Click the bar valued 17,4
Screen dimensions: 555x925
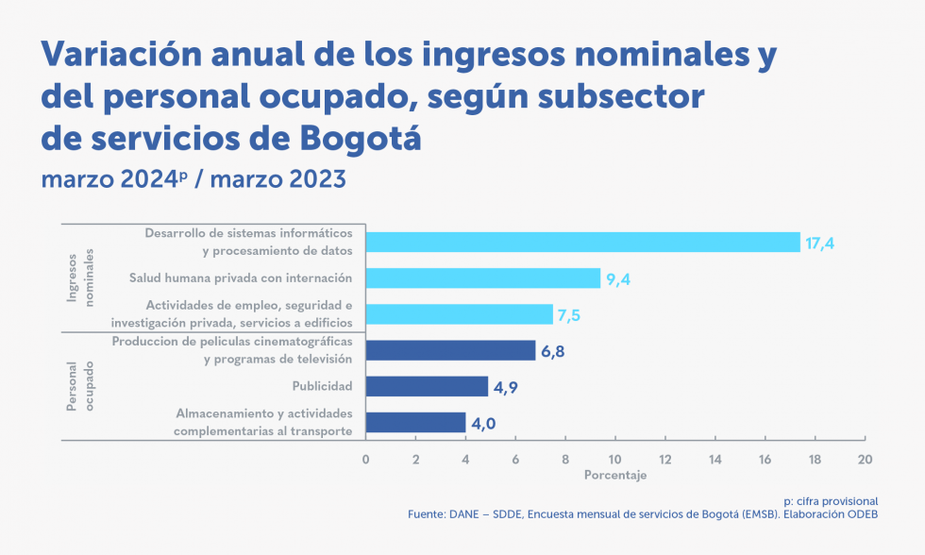[x=582, y=243]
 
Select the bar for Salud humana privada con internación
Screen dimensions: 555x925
[x=482, y=278]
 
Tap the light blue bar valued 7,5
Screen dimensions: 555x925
[x=459, y=314]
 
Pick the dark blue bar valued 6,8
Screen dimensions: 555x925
[x=450, y=350]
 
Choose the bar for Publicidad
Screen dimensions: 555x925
[x=427, y=386]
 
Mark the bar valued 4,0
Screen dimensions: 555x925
[x=415, y=422]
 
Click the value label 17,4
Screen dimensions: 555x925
[x=819, y=244]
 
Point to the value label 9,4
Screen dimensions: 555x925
[x=618, y=279]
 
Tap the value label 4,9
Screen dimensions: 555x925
[x=506, y=387]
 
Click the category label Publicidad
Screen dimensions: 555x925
[x=322, y=386]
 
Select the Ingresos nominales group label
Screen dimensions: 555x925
[x=81, y=277]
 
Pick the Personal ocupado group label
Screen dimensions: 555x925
[x=81, y=385]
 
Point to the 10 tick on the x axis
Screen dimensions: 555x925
[x=614, y=459]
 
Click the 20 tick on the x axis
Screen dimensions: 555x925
[x=864, y=459]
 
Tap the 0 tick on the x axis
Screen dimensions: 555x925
[x=365, y=459]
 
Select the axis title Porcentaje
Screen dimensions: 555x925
[x=614, y=476]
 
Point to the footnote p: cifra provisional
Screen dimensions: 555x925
[x=831, y=500]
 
